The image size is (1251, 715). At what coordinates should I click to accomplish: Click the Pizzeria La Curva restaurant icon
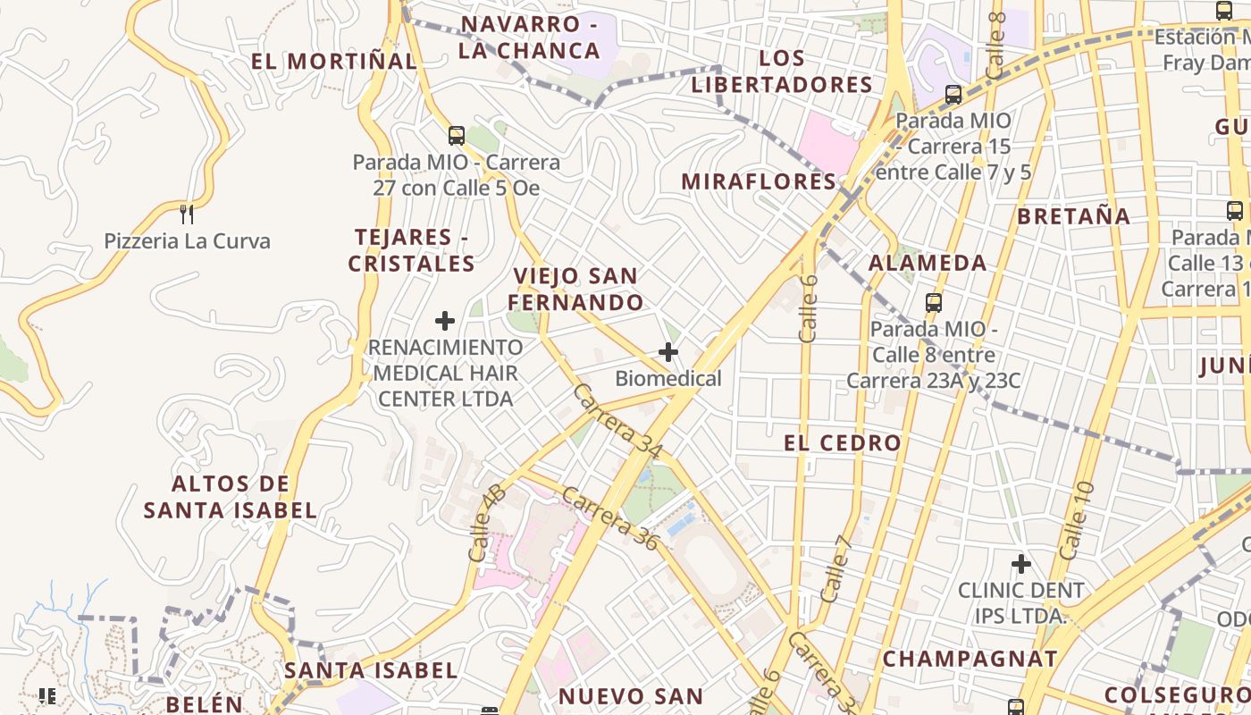[187, 214]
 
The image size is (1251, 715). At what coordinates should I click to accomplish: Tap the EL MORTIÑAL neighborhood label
[333, 62]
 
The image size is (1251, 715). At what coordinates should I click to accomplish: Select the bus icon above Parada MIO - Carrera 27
[457, 136]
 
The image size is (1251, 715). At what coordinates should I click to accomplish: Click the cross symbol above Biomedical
[668, 352]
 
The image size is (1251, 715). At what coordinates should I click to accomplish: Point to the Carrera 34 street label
[618, 422]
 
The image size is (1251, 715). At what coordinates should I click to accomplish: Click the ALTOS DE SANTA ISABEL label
[231, 497]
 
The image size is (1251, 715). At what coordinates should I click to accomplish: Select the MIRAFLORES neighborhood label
[759, 181]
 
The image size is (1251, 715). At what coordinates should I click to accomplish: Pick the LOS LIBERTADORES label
[782, 71]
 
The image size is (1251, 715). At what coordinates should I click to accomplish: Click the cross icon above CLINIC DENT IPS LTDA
[1021, 564]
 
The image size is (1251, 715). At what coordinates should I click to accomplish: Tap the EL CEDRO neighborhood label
[843, 443]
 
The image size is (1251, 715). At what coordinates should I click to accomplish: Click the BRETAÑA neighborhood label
[1074, 216]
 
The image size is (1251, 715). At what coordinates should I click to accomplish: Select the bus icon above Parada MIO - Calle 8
[934, 302]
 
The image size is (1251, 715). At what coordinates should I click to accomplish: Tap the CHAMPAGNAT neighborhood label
[970, 660]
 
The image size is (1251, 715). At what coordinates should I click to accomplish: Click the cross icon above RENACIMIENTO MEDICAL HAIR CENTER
[445, 320]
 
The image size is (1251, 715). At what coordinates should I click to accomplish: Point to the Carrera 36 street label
[611, 518]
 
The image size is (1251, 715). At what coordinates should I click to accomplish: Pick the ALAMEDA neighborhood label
[928, 263]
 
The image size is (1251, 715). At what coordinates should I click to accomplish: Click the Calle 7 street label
[835, 568]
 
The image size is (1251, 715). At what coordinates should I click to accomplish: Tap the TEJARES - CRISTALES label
[412, 250]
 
